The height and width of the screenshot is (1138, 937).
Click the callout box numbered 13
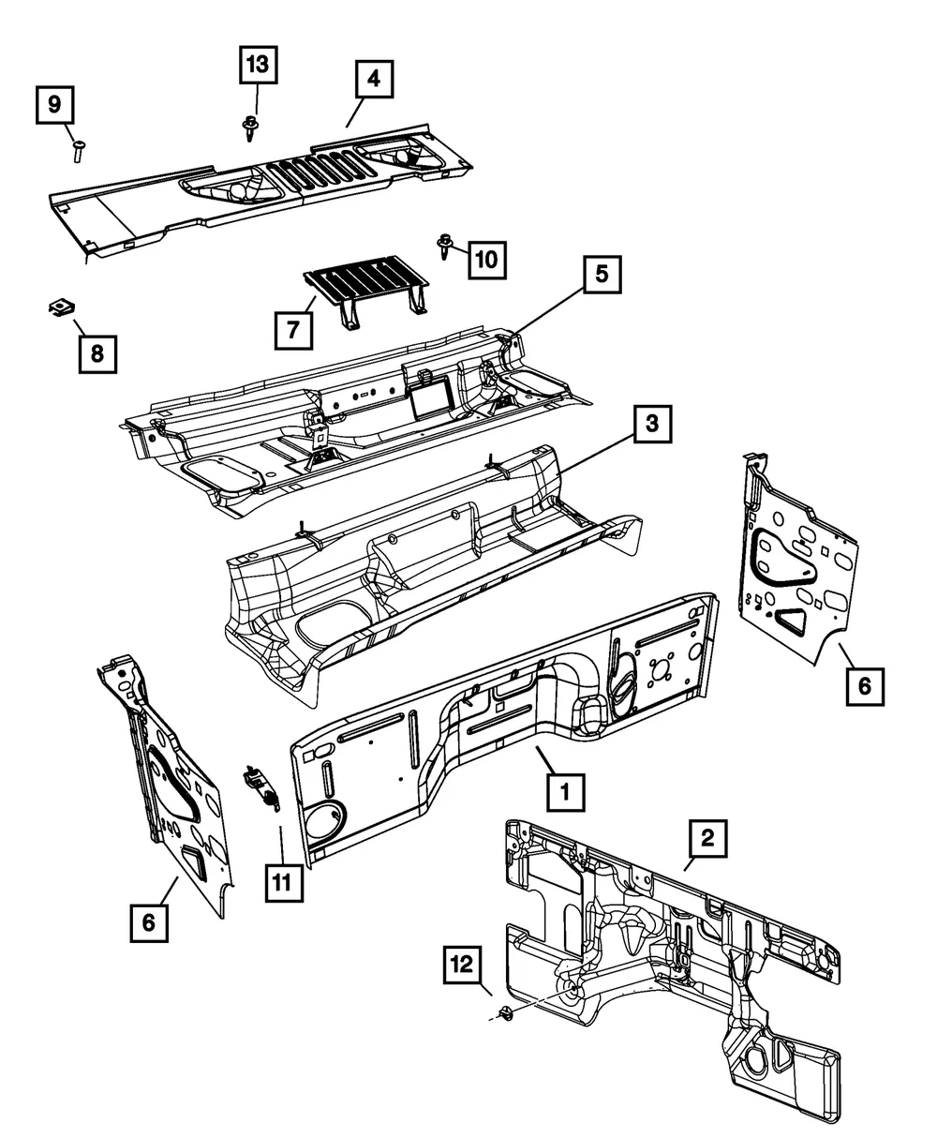point(259,65)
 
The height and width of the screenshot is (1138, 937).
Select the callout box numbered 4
point(374,79)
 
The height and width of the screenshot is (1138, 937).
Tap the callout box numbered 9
point(55,105)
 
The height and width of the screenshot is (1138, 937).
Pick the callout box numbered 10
point(487,260)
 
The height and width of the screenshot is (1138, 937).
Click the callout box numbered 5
point(602,274)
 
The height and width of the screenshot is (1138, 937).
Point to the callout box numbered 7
point(293,330)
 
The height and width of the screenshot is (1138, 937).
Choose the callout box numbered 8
point(97,353)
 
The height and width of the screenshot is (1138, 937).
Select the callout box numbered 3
point(652,424)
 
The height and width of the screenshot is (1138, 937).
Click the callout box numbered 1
point(565,792)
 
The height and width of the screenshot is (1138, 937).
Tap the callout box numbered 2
point(707,838)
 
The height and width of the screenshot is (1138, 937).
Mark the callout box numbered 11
point(284,882)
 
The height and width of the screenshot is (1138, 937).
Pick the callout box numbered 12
point(463,965)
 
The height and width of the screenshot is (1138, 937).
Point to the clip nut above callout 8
point(61,308)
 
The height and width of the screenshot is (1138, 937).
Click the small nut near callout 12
point(506,1013)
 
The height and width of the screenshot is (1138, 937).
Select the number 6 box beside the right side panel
point(865,686)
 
